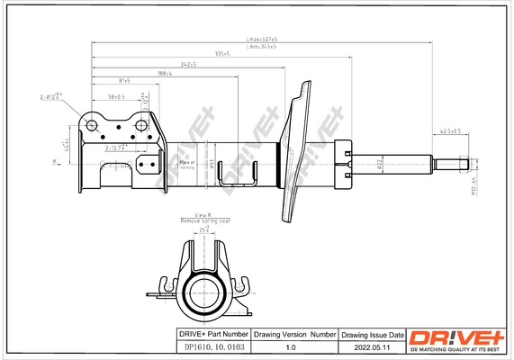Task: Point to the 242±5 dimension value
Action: click(x=187, y=65)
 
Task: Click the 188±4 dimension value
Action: click(x=162, y=74)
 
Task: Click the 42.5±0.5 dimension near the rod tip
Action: click(x=449, y=131)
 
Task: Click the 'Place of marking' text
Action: click(x=186, y=164)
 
